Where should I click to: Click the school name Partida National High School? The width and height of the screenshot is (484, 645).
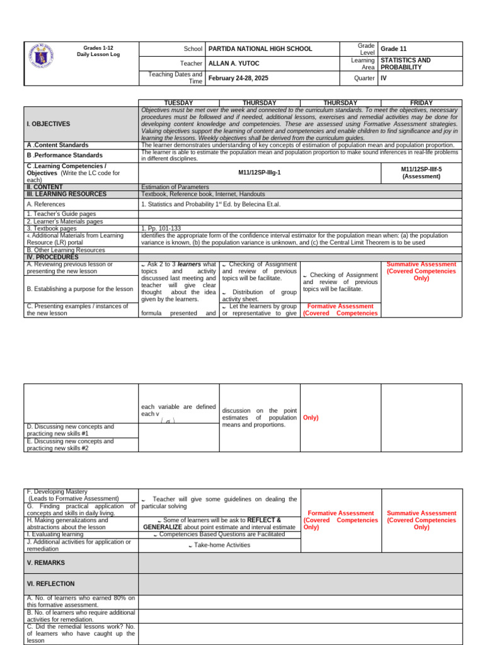(251, 49)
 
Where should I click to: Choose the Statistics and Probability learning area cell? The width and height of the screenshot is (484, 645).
(406, 64)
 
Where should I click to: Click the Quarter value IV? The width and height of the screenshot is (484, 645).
(384, 78)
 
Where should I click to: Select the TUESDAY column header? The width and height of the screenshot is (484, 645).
(178, 103)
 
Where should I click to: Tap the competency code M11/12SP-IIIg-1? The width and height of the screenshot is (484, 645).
(260, 170)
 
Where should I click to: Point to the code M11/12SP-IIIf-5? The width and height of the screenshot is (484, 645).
(421, 173)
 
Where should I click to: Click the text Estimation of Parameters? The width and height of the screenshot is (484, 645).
(174, 187)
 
